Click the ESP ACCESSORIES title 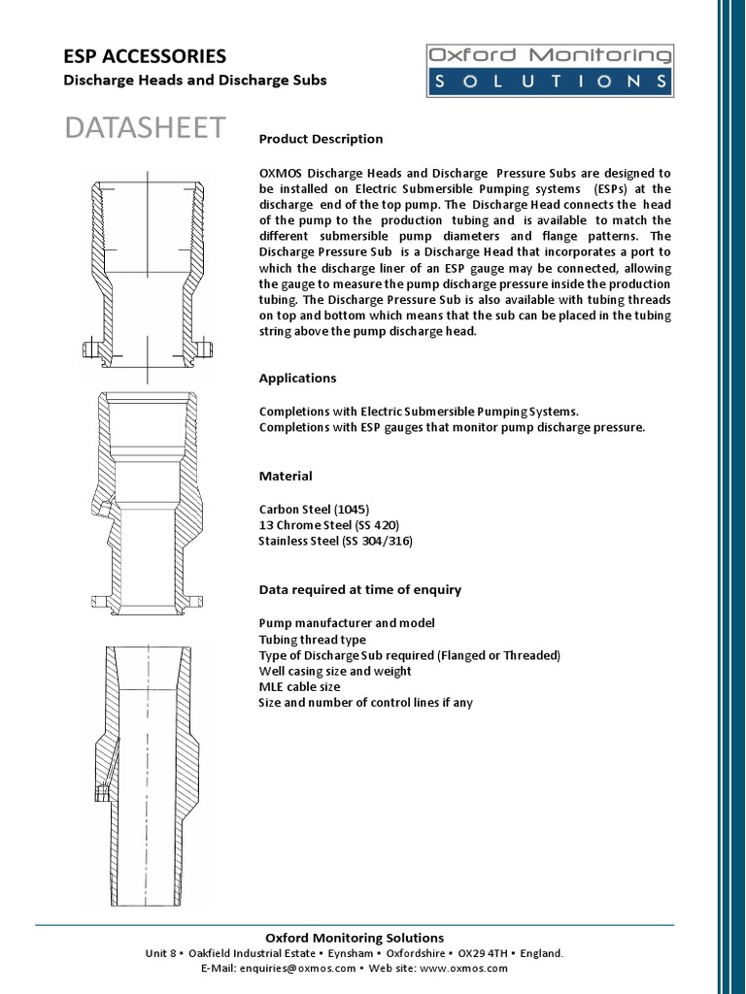coord(145,56)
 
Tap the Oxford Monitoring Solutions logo coord(549,70)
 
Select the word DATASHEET coord(145,127)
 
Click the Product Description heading coord(321,139)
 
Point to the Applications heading coord(297,378)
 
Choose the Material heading coord(286,476)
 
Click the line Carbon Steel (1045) coord(314,509)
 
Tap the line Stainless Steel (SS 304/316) coord(335,541)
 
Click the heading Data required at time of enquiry coord(359,589)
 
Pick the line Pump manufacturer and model coord(347,622)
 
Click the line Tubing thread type coord(312,639)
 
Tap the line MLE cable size coord(299,686)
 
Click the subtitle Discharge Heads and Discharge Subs coord(194,81)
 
